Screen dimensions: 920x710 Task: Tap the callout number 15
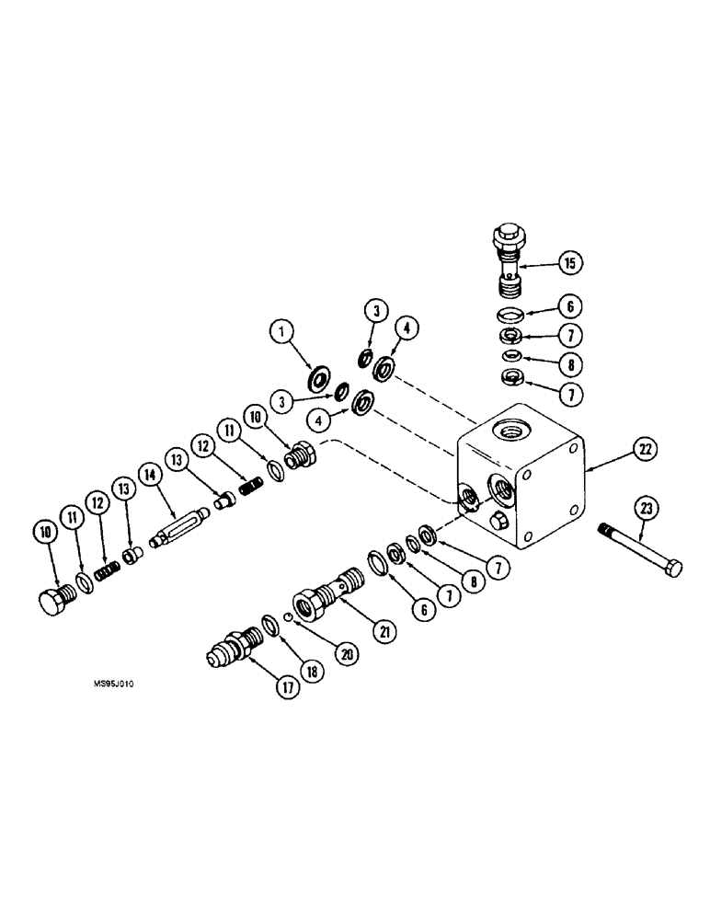pyautogui.click(x=569, y=264)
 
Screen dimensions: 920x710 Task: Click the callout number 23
pyautogui.click(x=647, y=509)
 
